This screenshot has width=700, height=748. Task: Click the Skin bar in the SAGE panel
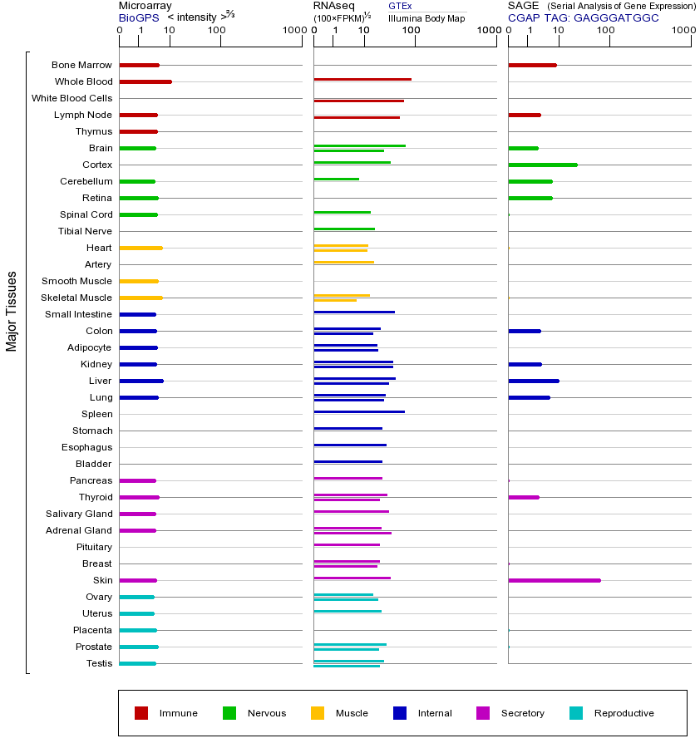(x=554, y=580)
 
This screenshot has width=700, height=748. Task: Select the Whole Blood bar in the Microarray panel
(x=145, y=81)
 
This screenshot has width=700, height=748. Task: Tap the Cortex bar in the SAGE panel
(x=542, y=165)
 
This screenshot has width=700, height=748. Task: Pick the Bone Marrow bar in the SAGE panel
(x=532, y=65)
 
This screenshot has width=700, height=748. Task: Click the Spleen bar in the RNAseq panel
(x=359, y=411)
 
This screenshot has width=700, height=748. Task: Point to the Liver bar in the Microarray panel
(x=141, y=381)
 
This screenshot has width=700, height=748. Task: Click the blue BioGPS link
(x=138, y=17)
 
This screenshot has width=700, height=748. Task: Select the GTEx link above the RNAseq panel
(x=400, y=7)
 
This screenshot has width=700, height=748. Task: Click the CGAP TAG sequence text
(x=584, y=17)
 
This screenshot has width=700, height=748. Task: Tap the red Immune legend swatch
(x=141, y=713)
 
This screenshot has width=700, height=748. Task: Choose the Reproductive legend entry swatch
(x=576, y=713)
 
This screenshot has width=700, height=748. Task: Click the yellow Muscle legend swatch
(x=318, y=713)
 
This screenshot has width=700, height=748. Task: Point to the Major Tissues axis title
(x=12, y=311)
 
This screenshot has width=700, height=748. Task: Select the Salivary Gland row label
(x=79, y=514)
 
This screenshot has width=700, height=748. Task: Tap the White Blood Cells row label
(x=71, y=98)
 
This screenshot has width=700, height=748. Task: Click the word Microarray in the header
(x=145, y=6)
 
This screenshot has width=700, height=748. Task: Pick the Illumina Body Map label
(x=426, y=17)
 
